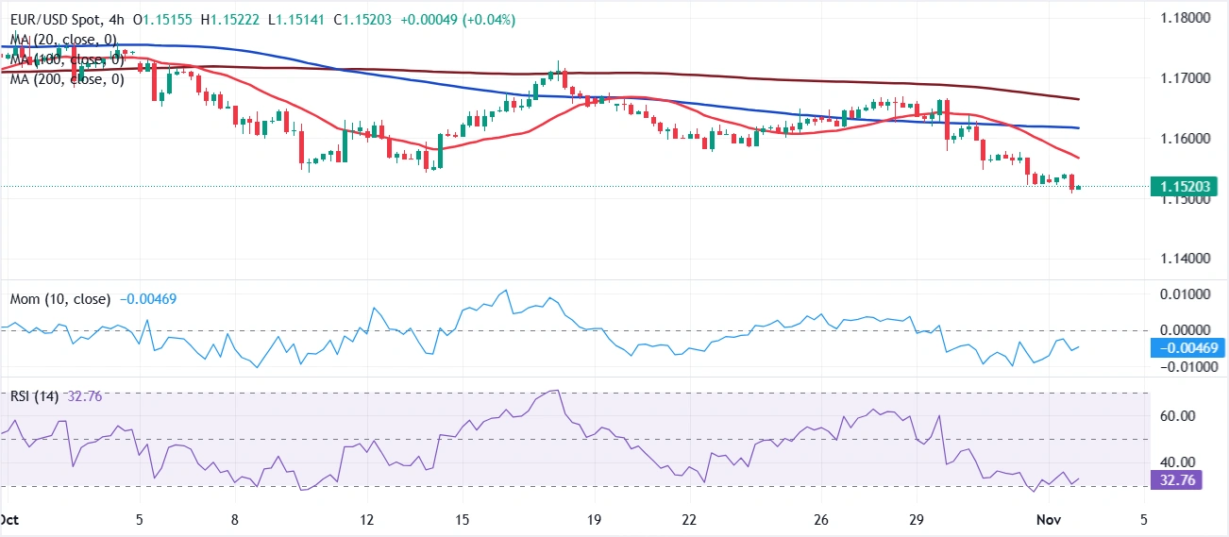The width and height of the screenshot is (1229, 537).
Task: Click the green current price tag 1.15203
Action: click(1187, 187)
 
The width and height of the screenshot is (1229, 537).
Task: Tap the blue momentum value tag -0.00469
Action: click(1187, 348)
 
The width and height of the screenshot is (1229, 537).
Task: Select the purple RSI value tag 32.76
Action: click(1175, 479)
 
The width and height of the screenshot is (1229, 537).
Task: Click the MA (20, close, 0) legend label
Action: click(63, 39)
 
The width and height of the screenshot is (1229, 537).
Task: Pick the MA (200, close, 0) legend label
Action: click(67, 79)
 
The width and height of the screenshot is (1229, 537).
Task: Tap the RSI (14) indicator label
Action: click(34, 396)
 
